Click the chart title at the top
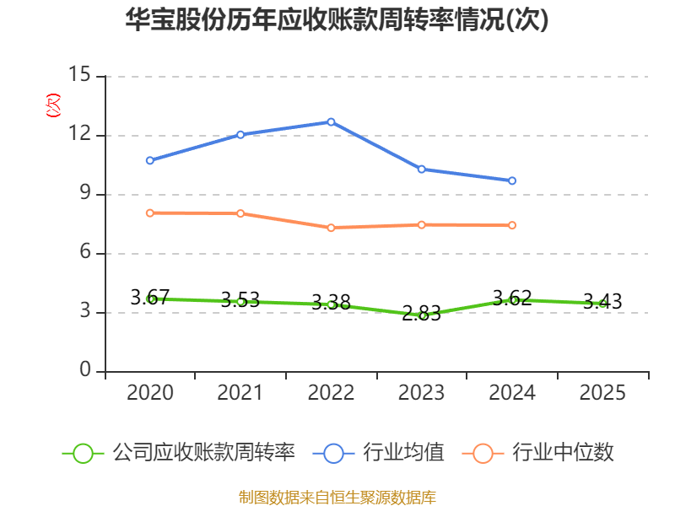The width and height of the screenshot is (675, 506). point(337,20)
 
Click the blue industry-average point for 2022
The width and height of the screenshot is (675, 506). point(331,121)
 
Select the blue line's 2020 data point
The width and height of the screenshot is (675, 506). point(149,160)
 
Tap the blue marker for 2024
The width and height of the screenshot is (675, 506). point(512,180)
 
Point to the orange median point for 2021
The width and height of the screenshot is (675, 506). point(240,213)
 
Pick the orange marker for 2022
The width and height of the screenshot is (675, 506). point(331,228)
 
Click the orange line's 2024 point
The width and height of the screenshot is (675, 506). point(512,225)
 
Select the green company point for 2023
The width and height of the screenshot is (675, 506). point(422,315)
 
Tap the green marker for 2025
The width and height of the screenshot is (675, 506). point(602,304)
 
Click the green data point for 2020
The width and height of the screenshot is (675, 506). point(149,299)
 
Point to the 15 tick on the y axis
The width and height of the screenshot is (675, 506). point(80,76)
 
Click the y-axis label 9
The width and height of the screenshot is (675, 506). point(85,194)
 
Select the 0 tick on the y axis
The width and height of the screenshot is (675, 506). point(85,371)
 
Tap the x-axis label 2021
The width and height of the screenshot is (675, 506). point(240,393)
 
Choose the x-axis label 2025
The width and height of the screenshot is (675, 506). point(602,393)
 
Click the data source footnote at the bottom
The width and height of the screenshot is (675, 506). point(337,497)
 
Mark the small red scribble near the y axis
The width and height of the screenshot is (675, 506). point(53,105)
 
